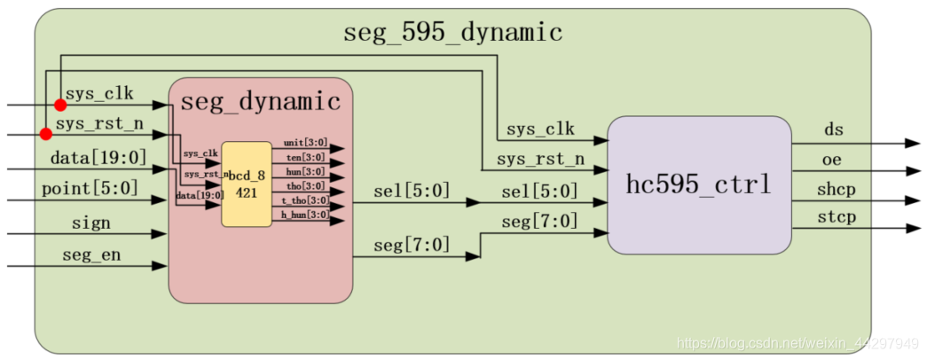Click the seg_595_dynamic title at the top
[x=452, y=33]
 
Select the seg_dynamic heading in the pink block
[x=260, y=102]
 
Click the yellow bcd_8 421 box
[x=246, y=184]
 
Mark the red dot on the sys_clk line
[x=60, y=106]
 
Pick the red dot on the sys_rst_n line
[x=46, y=135]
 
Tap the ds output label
[x=834, y=130]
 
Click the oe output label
[x=832, y=160]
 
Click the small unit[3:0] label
[x=304, y=143]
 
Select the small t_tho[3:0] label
[x=303, y=200]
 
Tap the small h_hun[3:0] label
[x=303, y=214]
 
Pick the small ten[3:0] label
[x=304, y=157]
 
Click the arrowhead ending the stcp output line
[x=912, y=229]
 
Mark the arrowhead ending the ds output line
[x=912, y=143]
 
